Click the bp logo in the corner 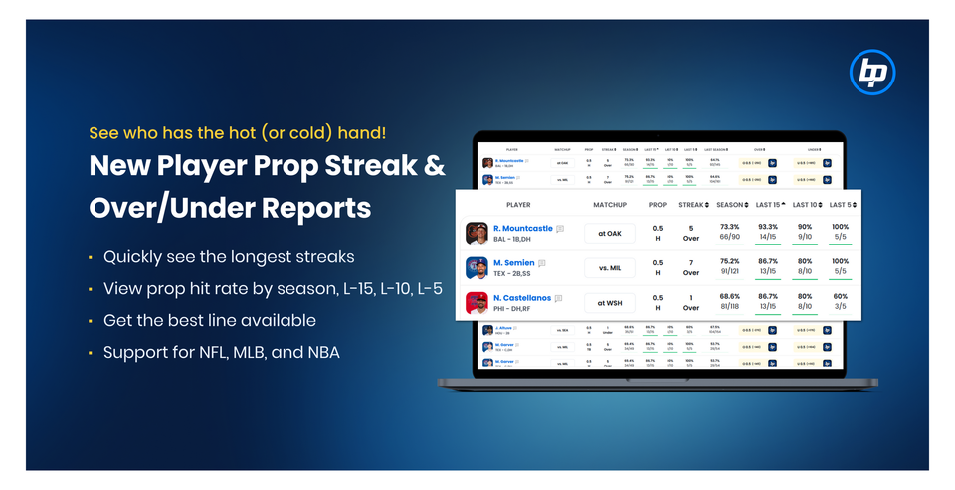[x=872, y=73]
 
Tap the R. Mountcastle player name [x=521, y=228]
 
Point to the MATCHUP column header [x=609, y=204]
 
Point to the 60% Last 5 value [x=840, y=297]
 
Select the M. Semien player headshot [x=477, y=268]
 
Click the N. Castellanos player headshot [x=477, y=303]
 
